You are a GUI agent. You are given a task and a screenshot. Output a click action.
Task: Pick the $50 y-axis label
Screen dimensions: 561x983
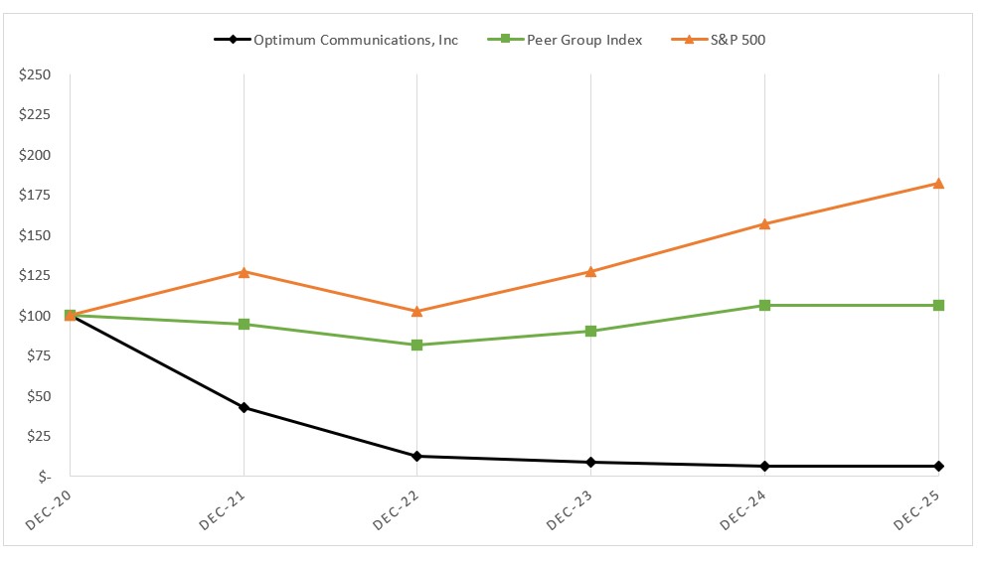[x=38, y=396]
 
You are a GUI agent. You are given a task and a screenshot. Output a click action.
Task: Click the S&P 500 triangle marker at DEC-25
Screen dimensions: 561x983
[x=938, y=183]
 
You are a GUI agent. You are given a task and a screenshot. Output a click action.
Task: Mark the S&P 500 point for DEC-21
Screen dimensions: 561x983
[x=244, y=271]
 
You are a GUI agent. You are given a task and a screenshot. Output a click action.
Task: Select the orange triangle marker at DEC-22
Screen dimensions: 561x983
[x=417, y=311]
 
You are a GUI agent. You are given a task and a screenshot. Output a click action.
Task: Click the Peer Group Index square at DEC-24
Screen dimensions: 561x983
[x=764, y=305]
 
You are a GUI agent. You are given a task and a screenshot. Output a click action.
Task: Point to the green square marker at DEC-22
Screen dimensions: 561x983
[x=417, y=345]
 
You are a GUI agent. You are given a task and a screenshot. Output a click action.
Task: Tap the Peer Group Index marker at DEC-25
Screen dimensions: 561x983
[x=938, y=305]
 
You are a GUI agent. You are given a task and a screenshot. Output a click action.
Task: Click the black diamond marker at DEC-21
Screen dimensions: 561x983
[x=244, y=407]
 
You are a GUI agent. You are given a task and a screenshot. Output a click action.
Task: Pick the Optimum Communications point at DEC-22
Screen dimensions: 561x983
[x=417, y=456]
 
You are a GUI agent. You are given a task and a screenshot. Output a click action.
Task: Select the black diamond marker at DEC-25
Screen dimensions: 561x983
[x=938, y=466]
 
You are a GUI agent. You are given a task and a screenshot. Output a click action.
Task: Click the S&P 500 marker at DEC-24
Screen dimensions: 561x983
[x=764, y=223]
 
